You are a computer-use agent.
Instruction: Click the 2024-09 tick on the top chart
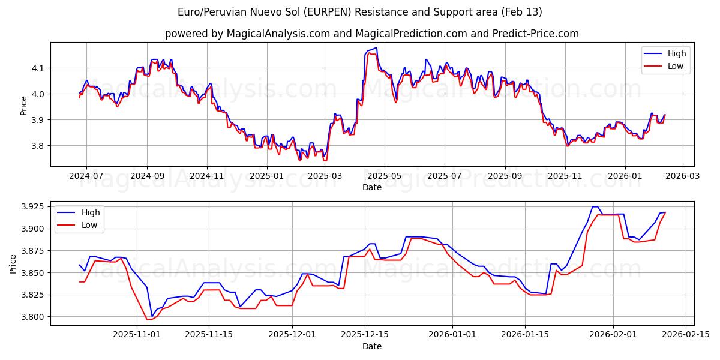[x=147, y=176]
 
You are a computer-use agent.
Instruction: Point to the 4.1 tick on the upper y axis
[x=37, y=68]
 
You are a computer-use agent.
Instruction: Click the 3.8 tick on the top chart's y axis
[x=37, y=146]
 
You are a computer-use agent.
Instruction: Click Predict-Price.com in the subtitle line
[x=536, y=34]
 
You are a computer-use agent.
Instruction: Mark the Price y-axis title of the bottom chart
[x=14, y=263]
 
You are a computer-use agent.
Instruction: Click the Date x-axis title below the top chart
[x=372, y=187]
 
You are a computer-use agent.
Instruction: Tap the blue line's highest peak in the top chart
[x=376, y=47]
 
